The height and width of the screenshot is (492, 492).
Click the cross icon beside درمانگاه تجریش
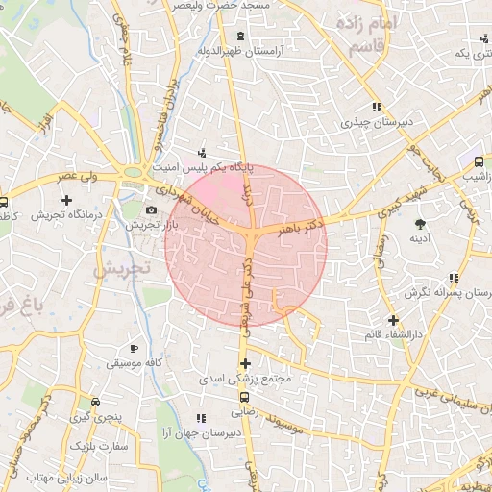point(66,200)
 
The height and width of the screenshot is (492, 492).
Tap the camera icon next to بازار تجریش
point(151,210)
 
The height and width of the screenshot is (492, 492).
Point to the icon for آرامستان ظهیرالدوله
point(239,37)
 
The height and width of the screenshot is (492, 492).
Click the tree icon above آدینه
point(419,223)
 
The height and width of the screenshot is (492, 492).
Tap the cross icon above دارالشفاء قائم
point(392,320)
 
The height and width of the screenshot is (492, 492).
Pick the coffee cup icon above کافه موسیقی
point(134,348)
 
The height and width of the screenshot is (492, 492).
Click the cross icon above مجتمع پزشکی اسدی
point(245,363)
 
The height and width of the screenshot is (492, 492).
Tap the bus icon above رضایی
point(244,396)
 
